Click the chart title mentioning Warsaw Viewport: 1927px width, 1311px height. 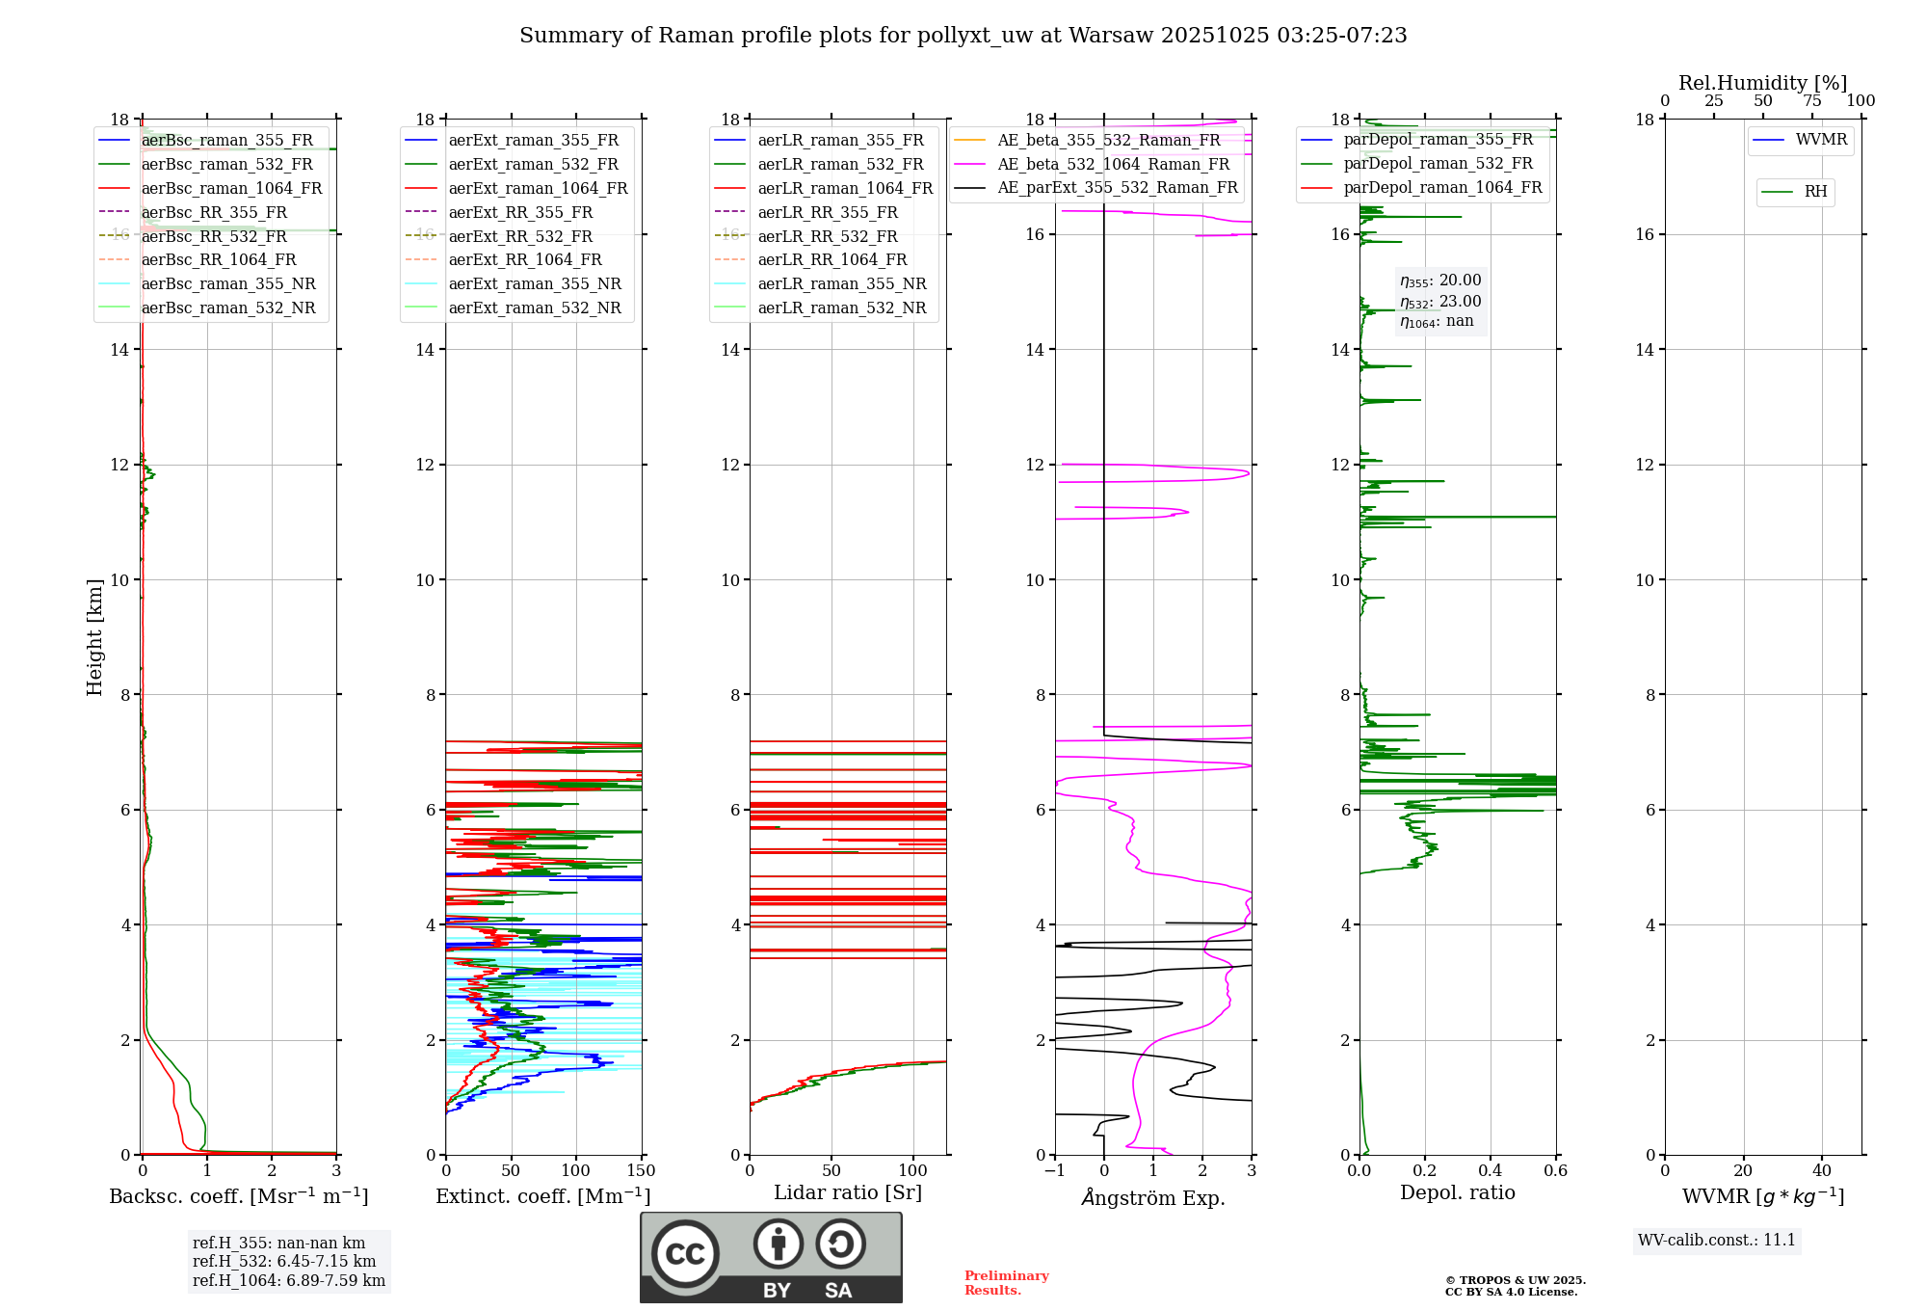[963, 36]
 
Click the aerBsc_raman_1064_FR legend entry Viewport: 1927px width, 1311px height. [231, 189]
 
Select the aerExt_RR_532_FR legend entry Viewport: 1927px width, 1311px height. [520, 236]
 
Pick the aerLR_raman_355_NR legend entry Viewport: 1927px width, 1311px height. [841, 283]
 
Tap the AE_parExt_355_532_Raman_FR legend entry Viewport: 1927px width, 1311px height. [1117, 187]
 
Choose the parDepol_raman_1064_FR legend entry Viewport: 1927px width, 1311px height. [1442, 187]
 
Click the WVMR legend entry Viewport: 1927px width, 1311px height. [1821, 140]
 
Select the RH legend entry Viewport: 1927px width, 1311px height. [1815, 192]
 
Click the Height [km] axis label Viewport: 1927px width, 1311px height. [94, 637]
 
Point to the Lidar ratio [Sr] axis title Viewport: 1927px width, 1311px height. [848, 1192]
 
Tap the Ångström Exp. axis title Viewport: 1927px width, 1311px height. [1153, 1197]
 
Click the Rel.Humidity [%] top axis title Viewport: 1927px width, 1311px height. [1762, 83]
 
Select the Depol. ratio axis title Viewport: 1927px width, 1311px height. [1457, 1192]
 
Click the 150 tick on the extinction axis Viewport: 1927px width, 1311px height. [641, 1171]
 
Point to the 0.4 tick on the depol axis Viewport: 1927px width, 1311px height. [1490, 1171]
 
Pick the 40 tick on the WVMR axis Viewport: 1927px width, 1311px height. [1821, 1171]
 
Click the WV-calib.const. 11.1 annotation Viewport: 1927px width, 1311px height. [1717, 1240]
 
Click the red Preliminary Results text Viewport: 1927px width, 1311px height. [1006, 1283]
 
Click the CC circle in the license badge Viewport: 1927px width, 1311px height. [685, 1254]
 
